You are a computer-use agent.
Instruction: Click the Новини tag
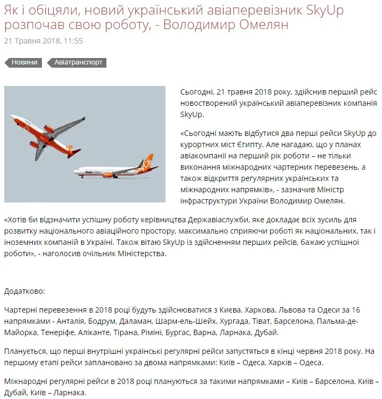(24, 63)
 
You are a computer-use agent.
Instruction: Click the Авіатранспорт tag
(78, 63)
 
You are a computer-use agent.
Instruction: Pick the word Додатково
(25, 291)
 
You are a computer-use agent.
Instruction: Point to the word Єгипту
(305, 144)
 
